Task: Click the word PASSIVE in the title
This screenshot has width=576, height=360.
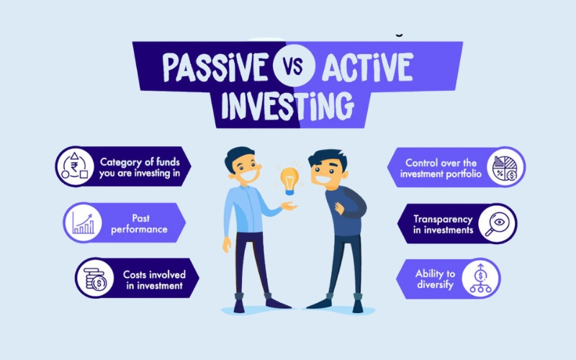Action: click(x=215, y=67)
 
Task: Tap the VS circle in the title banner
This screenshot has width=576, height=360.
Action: click(x=294, y=66)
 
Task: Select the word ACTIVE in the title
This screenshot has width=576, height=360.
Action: click(x=367, y=67)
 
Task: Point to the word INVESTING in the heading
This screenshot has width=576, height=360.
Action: click(x=287, y=105)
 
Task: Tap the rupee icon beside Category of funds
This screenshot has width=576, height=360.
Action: click(x=75, y=166)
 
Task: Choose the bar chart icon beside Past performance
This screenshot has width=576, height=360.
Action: click(x=83, y=223)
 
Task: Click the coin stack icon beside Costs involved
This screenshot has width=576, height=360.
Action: click(x=95, y=279)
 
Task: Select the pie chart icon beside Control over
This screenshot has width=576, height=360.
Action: click(x=505, y=168)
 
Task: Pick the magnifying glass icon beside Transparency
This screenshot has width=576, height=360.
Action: click(x=497, y=224)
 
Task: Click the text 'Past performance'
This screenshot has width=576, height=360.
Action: click(x=140, y=224)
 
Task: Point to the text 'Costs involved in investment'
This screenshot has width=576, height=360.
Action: click(x=154, y=280)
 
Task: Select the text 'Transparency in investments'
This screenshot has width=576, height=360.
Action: click(x=443, y=225)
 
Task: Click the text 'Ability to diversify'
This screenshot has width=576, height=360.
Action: click(x=436, y=279)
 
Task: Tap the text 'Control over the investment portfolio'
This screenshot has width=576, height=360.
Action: click(x=441, y=168)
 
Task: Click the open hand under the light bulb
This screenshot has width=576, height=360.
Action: click(x=289, y=207)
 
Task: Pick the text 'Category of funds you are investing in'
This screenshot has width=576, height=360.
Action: click(x=140, y=168)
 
